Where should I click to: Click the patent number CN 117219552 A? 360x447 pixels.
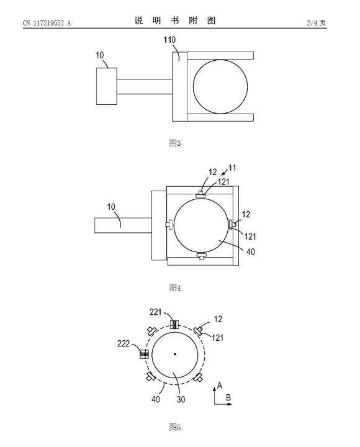tap(47, 23)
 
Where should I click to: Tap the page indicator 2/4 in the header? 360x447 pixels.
tap(312, 23)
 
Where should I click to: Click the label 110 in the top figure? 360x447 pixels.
tap(169, 40)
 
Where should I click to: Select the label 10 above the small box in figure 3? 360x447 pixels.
tap(100, 55)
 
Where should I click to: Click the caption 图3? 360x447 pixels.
tap(175, 143)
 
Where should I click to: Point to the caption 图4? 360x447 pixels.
tap(175, 287)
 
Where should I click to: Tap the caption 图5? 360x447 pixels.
tap(175, 427)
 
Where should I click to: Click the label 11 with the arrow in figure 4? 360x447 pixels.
tap(232, 168)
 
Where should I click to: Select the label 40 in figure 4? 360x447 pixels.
tap(251, 251)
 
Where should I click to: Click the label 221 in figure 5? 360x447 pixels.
tap(156, 312)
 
